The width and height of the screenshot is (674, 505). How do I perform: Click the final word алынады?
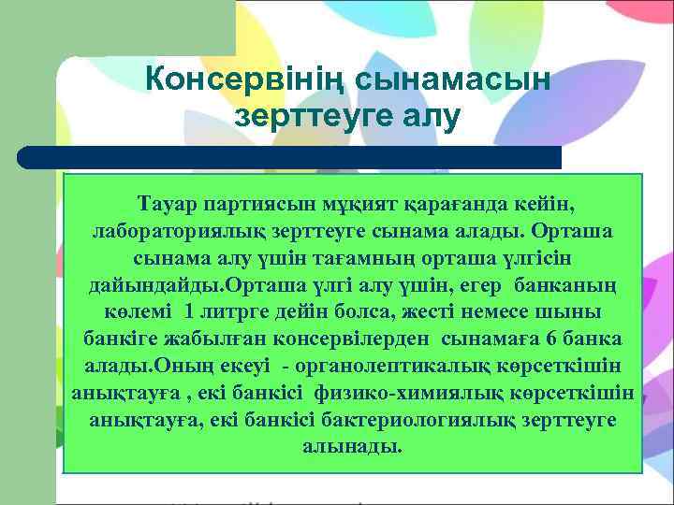pos(352,446)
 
